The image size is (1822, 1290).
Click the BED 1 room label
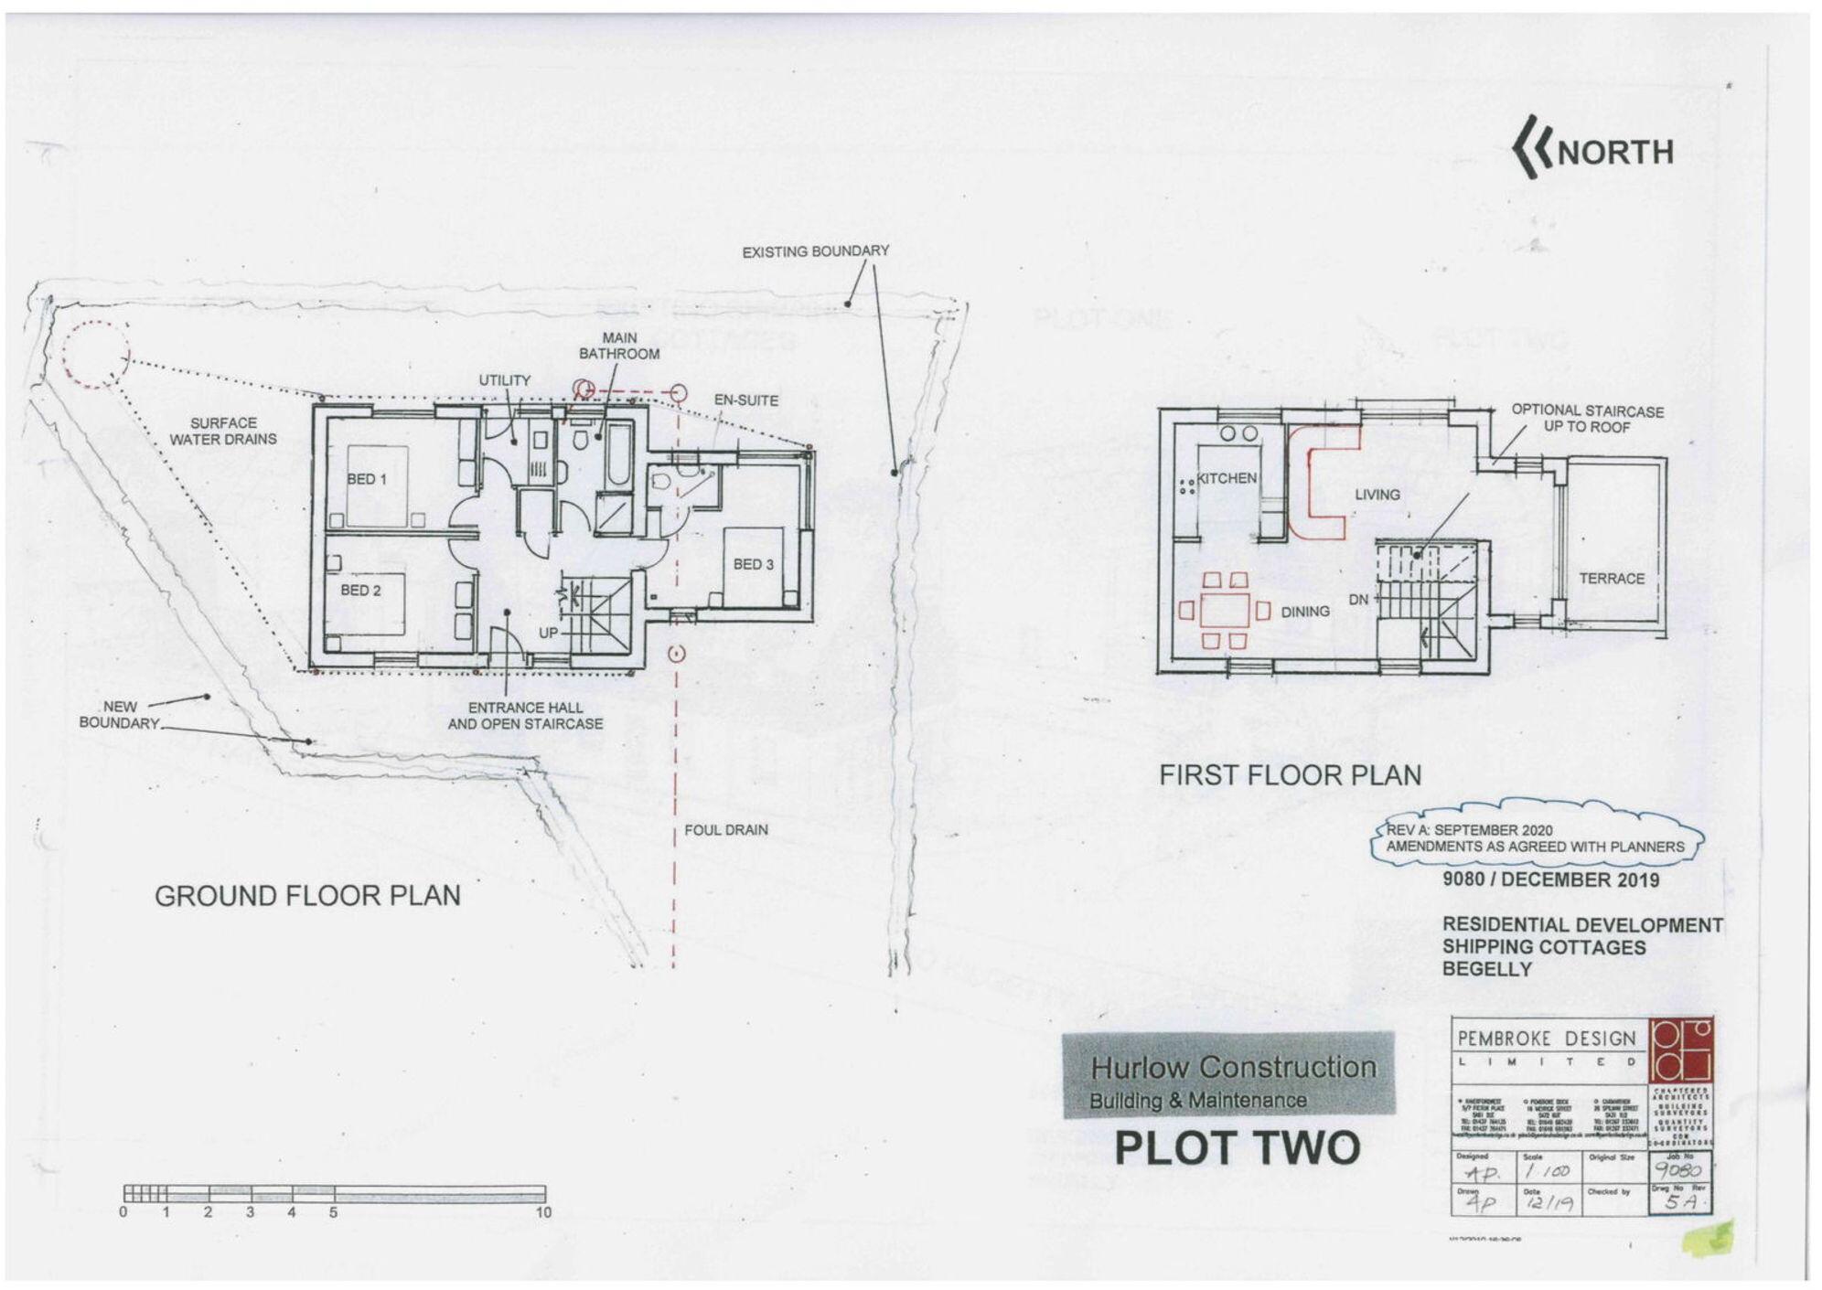tap(367, 479)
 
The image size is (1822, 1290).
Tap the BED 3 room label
tap(753, 564)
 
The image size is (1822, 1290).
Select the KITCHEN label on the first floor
tap(1227, 478)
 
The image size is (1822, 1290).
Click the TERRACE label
tap(1611, 579)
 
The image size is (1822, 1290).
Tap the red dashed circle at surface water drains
tap(94, 355)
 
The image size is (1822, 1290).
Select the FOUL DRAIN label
tap(725, 830)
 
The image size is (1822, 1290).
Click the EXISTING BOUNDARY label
tap(815, 251)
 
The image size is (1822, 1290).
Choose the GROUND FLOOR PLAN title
tap(307, 896)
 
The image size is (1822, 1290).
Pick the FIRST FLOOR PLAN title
tap(1290, 775)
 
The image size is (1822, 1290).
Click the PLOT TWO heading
tap(1237, 1148)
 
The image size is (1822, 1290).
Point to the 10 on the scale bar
tap(543, 1213)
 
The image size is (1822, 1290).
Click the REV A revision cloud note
tap(1535, 838)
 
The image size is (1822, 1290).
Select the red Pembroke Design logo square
tap(1681, 1050)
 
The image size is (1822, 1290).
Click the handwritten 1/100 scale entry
tap(1549, 1171)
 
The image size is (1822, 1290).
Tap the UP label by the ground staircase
tap(548, 633)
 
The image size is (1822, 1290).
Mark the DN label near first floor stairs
tap(1358, 600)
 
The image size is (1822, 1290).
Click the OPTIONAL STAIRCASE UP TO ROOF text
tap(1587, 419)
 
